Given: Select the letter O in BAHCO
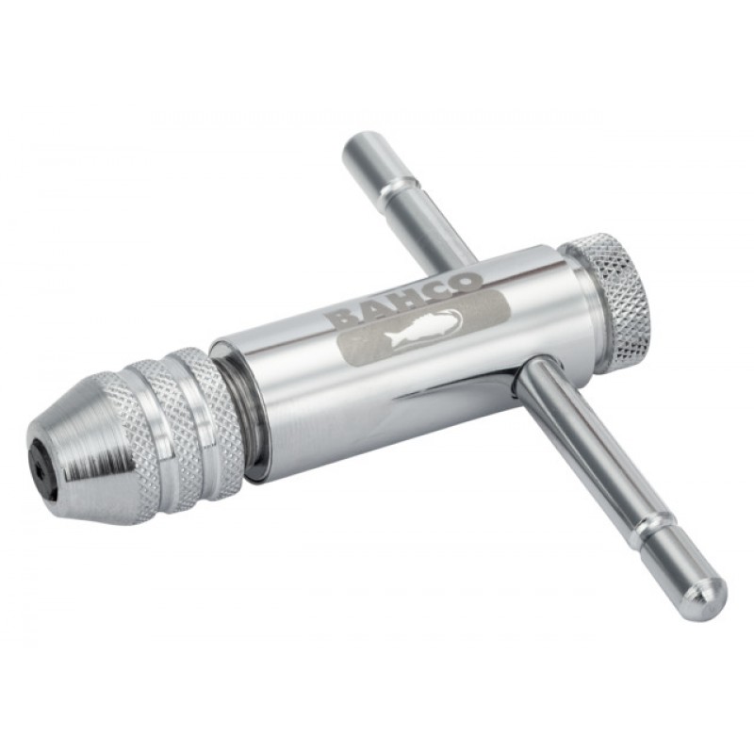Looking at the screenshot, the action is click(x=466, y=284).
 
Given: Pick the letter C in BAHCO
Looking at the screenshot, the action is click(x=438, y=292).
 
